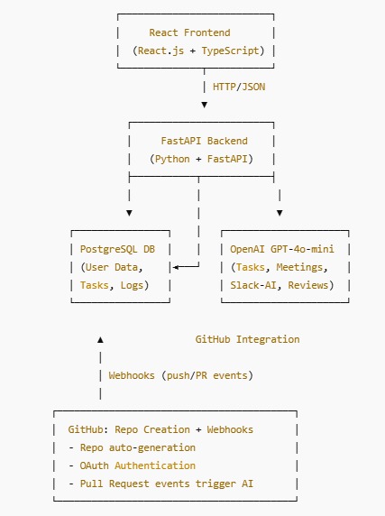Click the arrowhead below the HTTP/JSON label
204,105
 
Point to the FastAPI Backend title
204,141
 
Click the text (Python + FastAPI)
201,159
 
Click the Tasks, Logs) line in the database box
121,285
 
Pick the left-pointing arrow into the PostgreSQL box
176,267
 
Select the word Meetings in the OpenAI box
302,267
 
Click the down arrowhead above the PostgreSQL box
129,213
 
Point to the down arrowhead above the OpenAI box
279,213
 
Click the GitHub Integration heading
247,339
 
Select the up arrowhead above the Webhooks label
100,339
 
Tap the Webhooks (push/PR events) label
180,375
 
